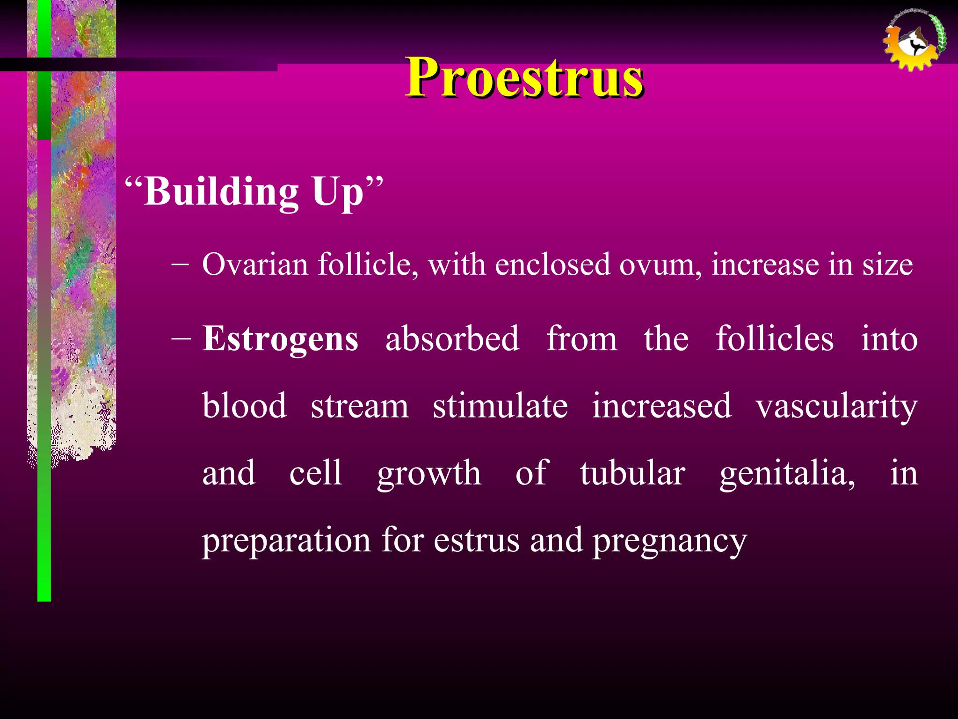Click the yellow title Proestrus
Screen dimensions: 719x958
[524, 77]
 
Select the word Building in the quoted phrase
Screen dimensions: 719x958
[221, 192]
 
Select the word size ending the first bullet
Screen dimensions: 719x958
[887, 265]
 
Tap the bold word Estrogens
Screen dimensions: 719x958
[280, 339]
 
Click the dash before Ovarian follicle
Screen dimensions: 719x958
[180, 265]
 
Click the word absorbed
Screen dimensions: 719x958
[452, 338]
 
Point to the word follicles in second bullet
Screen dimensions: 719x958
[774, 338]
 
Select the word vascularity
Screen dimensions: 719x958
[836, 406]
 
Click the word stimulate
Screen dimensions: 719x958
[500, 406]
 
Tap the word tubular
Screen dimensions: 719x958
[632, 473]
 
